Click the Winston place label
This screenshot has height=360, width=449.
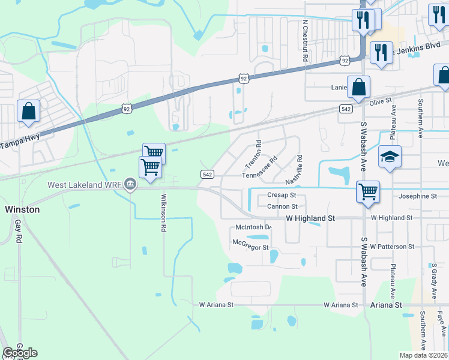coord(22,209)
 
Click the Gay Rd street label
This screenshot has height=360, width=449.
coord(19,230)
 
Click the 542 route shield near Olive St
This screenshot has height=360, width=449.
coord(345,109)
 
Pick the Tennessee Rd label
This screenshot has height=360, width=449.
coord(259,168)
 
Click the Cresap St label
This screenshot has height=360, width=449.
coord(282,196)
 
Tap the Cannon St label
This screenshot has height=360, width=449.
coord(282,206)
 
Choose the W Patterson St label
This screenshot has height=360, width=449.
coord(392,247)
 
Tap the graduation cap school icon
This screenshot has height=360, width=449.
coord(390,157)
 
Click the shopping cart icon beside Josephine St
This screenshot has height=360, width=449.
coord(367,192)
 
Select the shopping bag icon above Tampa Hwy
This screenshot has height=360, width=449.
coord(28,111)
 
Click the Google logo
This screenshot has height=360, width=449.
coord(20,353)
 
